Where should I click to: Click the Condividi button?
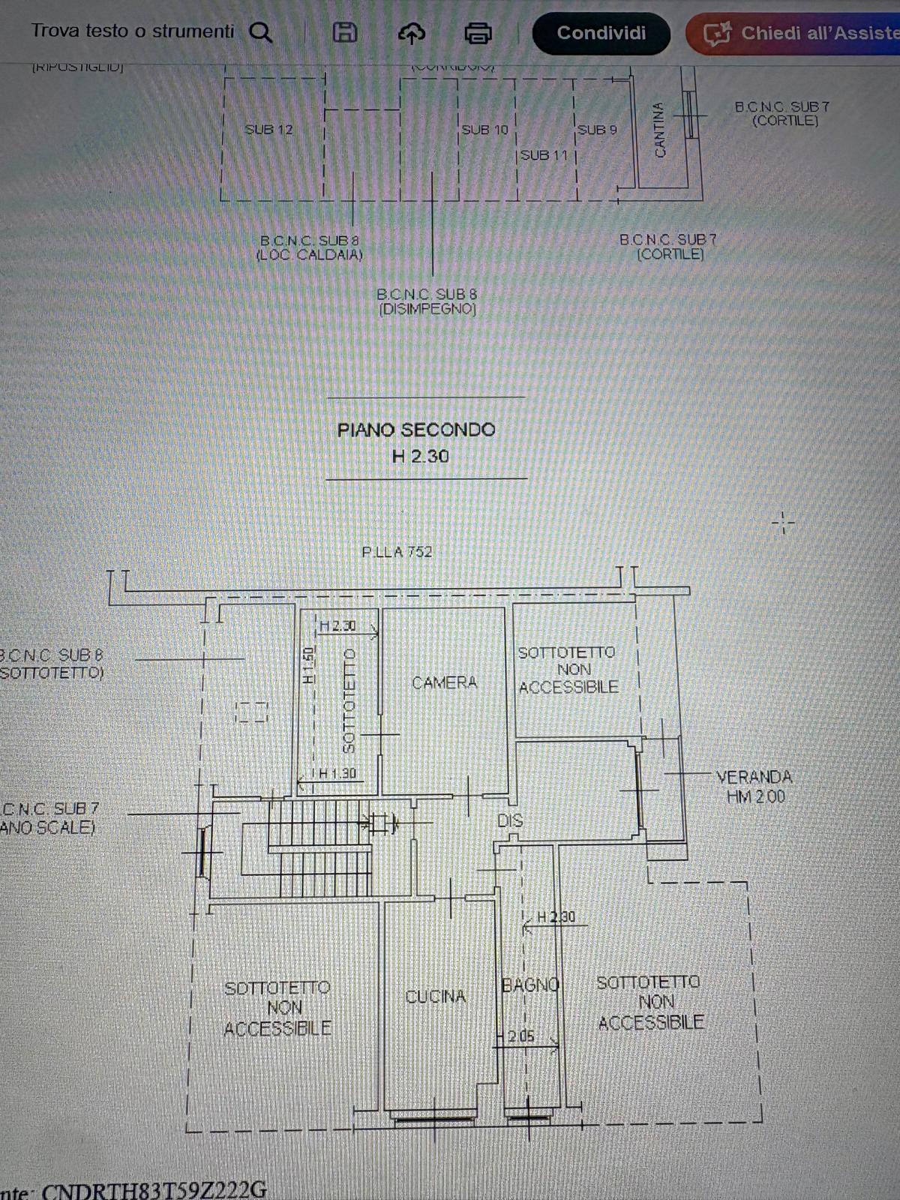(x=601, y=33)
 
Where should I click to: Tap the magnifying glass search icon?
(x=260, y=32)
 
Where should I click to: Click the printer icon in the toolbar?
(x=478, y=33)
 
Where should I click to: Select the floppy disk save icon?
(x=344, y=32)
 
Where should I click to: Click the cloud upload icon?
(x=411, y=33)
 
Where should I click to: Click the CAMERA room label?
(x=444, y=682)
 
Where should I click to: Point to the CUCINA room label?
(x=436, y=997)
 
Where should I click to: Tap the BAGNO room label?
(x=530, y=985)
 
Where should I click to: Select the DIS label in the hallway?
(x=510, y=820)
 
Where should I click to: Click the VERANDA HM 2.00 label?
(x=754, y=786)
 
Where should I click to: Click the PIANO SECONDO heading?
(x=416, y=430)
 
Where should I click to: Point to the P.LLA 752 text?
(x=397, y=552)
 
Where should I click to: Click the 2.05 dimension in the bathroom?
(x=520, y=1036)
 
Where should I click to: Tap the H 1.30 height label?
(x=337, y=773)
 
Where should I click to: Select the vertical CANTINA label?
(x=659, y=130)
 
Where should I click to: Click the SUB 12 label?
(x=268, y=130)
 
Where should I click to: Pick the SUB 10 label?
(x=484, y=130)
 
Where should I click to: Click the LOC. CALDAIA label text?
(x=309, y=255)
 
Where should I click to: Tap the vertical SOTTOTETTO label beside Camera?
(x=348, y=700)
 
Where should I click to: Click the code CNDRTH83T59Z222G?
(x=154, y=1189)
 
